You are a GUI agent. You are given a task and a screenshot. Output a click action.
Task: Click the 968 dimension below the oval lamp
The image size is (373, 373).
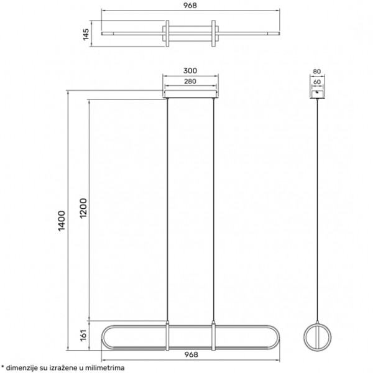(191, 354)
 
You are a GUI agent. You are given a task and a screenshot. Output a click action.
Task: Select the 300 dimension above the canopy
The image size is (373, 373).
(190, 71)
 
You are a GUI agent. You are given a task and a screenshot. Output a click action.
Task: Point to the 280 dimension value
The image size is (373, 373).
(190, 81)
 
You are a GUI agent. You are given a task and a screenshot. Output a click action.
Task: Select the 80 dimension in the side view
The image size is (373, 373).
(318, 71)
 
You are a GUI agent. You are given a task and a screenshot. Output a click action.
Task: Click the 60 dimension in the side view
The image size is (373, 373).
(318, 81)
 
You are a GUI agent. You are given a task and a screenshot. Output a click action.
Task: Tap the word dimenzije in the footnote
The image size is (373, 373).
(24, 368)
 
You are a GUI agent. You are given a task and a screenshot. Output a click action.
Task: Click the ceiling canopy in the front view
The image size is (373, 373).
(190, 95)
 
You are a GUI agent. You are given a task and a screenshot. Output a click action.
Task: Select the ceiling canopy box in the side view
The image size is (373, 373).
(318, 93)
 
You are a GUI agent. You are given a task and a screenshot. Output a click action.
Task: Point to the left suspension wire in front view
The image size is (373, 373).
(168, 211)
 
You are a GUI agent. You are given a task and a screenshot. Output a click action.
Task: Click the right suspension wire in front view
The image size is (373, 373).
(213, 211)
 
